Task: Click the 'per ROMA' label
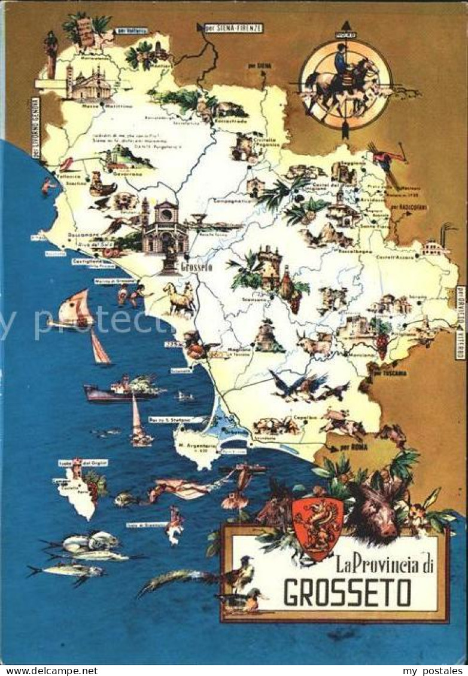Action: (353, 447)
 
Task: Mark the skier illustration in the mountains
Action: (386, 161)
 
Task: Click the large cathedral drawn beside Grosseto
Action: (164, 227)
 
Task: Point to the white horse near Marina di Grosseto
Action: (179, 299)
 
